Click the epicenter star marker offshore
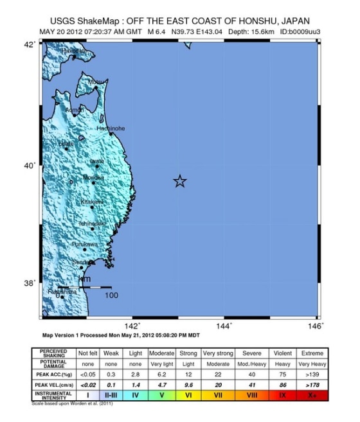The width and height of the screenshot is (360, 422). (180, 181)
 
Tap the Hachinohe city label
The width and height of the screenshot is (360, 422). (111, 128)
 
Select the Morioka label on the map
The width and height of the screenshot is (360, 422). (93, 177)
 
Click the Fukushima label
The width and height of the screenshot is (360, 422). (62, 292)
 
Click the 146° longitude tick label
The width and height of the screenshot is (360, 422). (317, 326)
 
